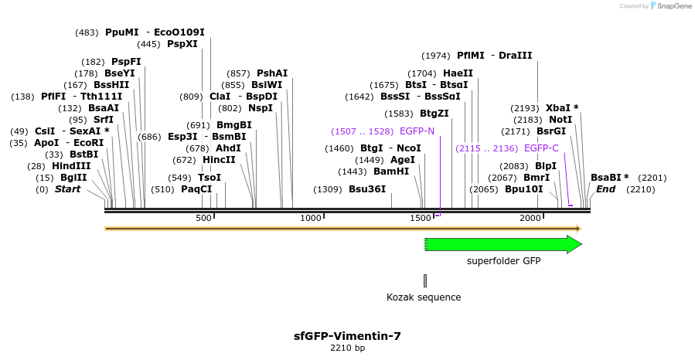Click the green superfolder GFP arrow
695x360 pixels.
[x=503, y=245]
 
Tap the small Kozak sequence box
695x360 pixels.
[x=425, y=280]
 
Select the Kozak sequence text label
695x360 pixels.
[x=424, y=297]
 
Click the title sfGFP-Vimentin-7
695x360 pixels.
[x=347, y=336]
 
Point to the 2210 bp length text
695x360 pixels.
[x=347, y=348]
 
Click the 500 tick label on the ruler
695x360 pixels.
[x=203, y=219]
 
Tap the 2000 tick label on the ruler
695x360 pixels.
[x=530, y=219]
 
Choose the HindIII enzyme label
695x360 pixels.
[x=71, y=166]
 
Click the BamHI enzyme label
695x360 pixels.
[x=391, y=172]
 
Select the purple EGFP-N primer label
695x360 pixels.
[x=417, y=131]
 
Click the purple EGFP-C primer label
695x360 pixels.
[x=541, y=148]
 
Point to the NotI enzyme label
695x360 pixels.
[x=560, y=120]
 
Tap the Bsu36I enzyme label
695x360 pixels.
[x=367, y=189]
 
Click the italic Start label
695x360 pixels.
[x=67, y=189]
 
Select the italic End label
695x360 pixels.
[x=606, y=189]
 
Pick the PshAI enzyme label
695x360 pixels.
[x=272, y=73]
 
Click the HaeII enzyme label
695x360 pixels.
[x=458, y=73]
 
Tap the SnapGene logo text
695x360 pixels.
[x=672, y=6]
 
